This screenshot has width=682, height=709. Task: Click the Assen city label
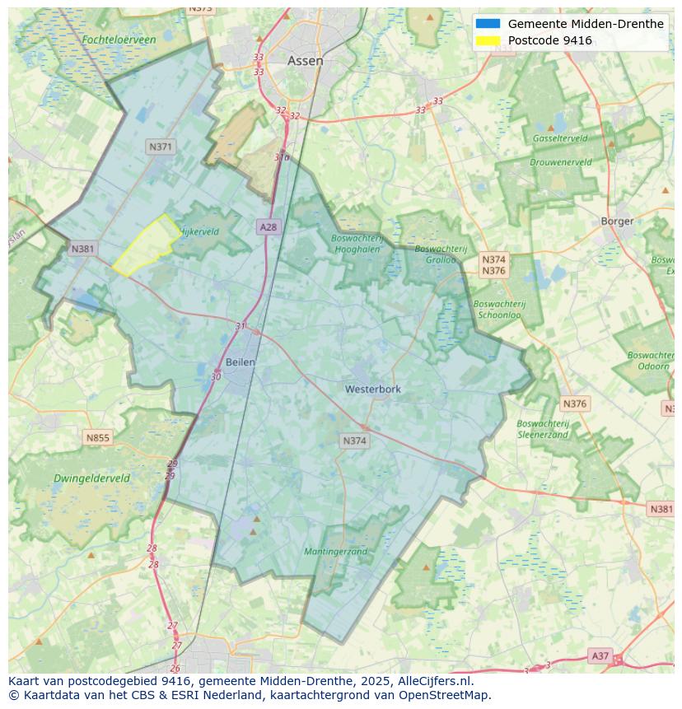click(305, 61)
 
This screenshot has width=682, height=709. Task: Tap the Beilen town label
click(240, 361)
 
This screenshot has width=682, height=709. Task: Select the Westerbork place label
click(373, 389)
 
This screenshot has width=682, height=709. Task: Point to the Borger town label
click(617, 221)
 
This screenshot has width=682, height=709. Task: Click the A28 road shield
click(268, 226)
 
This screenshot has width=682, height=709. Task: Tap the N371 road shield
click(161, 147)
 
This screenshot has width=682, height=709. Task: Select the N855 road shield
click(97, 437)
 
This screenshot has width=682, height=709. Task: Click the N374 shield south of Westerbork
click(354, 441)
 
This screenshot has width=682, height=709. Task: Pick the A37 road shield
click(600, 655)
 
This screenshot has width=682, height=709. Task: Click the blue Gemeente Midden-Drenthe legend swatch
click(488, 24)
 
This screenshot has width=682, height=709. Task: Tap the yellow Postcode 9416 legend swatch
click(488, 40)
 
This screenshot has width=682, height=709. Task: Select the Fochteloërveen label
click(119, 40)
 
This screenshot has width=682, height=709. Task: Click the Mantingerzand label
click(335, 551)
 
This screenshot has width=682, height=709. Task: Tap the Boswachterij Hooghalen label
click(357, 244)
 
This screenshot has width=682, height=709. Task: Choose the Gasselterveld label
click(560, 138)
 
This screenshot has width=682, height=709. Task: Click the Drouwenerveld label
click(560, 162)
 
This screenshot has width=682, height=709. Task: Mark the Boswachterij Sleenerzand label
click(543, 428)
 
